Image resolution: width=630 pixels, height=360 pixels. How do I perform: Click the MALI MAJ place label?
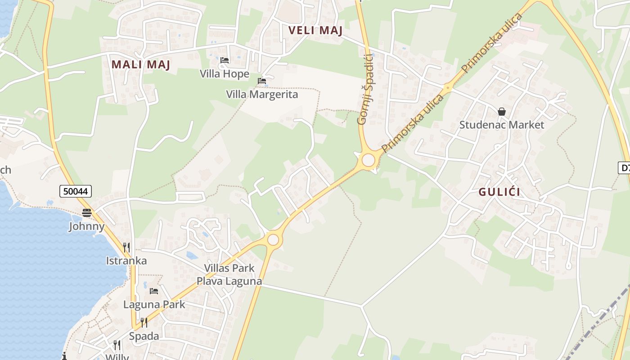[x=141, y=65]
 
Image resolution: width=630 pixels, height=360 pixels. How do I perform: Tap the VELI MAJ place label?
[x=315, y=31]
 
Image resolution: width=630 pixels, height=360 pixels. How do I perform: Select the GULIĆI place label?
[x=499, y=192]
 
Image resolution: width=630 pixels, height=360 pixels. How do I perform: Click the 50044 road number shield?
[x=76, y=191]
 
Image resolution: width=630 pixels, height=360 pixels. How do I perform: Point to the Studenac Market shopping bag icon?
[x=502, y=112]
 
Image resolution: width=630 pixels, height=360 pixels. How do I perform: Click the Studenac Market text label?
[x=502, y=125]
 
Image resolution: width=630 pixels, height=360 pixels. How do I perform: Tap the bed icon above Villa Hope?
[x=225, y=60]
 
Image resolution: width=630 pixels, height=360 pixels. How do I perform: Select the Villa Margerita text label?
[x=262, y=94]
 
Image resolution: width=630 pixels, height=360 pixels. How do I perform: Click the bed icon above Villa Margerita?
[x=262, y=81]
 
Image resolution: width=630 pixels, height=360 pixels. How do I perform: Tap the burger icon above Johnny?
[x=87, y=213]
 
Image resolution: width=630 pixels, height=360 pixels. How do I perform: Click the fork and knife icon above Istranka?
[x=126, y=247]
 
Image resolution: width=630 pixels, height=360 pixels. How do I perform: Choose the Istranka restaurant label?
[x=126, y=261]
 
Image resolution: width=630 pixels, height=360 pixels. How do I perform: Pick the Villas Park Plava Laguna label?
[x=229, y=274]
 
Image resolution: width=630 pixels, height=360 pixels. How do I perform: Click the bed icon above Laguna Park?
[x=154, y=291]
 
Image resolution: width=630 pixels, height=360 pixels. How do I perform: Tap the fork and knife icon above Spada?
[x=144, y=323]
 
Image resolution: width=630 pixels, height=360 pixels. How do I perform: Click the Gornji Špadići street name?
[x=365, y=89]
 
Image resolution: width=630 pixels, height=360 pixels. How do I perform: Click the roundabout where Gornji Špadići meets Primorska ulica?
[x=369, y=160]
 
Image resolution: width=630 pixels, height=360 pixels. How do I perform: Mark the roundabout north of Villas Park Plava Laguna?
[x=273, y=239]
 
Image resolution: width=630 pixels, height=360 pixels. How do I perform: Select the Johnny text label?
[x=87, y=226]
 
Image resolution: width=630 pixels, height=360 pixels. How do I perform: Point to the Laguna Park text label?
[x=154, y=305]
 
